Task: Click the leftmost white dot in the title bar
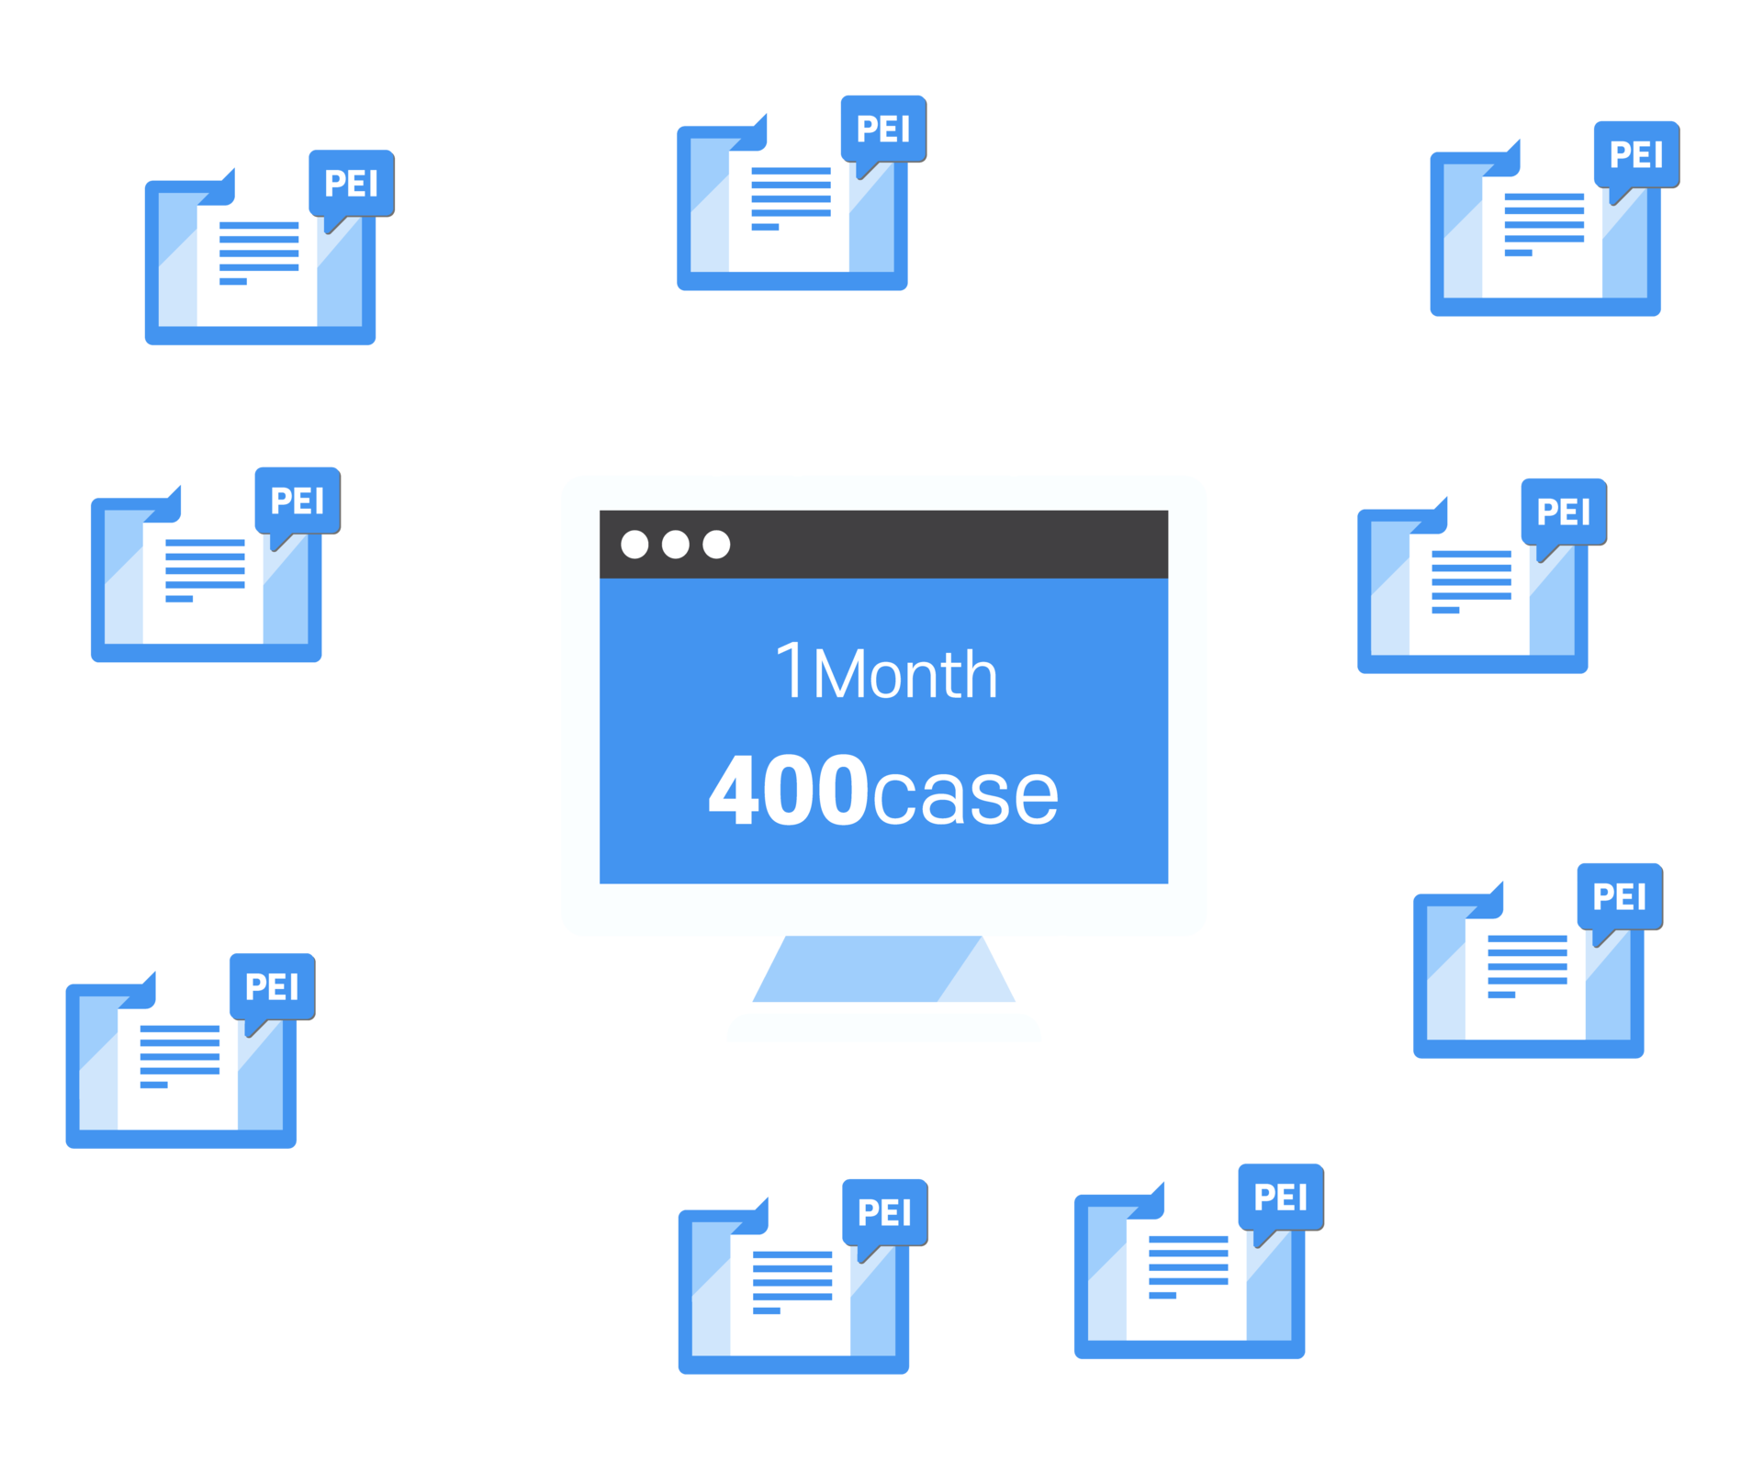[x=634, y=545]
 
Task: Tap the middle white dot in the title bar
[x=676, y=545]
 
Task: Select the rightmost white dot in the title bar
[x=716, y=545]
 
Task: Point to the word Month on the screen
[x=905, y=674]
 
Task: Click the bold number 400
[x=789, y=790]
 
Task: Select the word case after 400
[x=966, y=794]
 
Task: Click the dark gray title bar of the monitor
[x=883, y=545]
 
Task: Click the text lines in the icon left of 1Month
[x=205, y=570]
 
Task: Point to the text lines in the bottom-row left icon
[x=792, y=1282]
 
